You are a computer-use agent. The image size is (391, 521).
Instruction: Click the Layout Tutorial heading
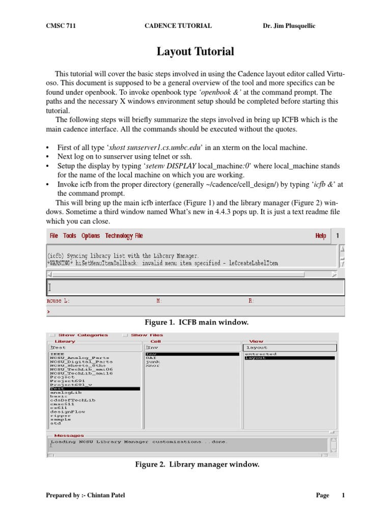(195, 51)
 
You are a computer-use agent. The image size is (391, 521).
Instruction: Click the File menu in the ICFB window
(54, 236)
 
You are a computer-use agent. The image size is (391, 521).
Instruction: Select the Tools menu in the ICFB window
(70, 236)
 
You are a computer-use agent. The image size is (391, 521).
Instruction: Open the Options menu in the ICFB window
(91, 236)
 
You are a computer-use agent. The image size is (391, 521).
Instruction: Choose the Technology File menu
(124, 236)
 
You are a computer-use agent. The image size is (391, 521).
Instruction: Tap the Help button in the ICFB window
(321, 236)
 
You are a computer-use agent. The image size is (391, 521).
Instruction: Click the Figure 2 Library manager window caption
(197, 464)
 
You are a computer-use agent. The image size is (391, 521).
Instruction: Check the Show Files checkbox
(125, 335)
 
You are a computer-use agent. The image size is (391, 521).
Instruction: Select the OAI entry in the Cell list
(151, 358)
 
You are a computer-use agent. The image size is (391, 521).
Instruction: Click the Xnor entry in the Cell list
(152, 366)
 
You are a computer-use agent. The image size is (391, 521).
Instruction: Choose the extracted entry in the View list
(261, 354)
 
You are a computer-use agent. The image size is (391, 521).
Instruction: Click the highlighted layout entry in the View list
(256, 358)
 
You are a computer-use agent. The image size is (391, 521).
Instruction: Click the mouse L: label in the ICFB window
(58, 301)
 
